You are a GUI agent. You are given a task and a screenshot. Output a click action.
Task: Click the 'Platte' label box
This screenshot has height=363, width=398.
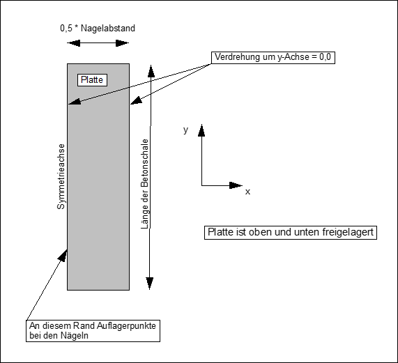91,80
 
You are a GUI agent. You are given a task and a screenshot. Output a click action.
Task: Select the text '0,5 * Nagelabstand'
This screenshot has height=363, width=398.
98,29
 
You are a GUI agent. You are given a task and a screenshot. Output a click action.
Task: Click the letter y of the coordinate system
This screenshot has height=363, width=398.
185,130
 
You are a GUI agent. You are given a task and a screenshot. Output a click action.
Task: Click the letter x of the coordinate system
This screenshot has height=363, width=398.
247,191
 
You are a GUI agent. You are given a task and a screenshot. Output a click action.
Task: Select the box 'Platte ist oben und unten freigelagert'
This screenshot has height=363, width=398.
291,233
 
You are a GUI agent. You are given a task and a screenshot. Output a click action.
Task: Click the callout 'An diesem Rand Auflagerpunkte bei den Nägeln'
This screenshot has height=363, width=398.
93,330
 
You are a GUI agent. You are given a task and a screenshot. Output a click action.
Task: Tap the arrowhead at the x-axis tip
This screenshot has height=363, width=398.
237,185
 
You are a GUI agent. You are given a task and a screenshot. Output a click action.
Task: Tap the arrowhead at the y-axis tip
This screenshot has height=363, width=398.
202,130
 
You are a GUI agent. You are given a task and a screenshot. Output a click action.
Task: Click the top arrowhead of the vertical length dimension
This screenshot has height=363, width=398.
149,70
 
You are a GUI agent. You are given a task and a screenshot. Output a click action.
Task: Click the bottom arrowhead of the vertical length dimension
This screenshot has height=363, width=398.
149,283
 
